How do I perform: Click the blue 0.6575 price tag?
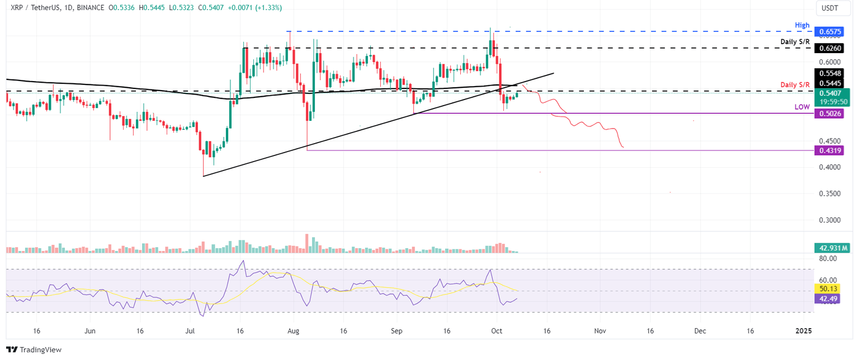[x=831, y=32]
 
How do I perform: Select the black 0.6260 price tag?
[x=831, y=49]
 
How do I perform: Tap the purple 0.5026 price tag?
[x=831, y=113]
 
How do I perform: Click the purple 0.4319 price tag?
[x=831, y=150]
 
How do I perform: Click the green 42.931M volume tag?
[x=832, y=247]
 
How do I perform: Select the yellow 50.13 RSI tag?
[x=828, y=289]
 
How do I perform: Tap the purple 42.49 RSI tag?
[x=828, y=299]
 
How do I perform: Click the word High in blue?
[x=801, y=25]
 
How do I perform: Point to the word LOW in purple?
[x=802, y=106]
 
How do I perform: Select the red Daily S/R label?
[x=795, y=84]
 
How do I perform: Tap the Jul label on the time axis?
[x=191, y=331]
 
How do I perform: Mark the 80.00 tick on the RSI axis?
[x=828, y=259]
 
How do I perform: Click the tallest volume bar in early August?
[x=307, y=244]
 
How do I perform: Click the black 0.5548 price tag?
[x=831, y=73]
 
